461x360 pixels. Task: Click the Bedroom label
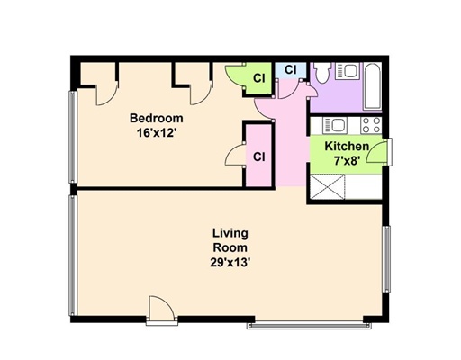tap(156, 118)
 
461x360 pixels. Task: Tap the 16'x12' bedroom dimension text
tap(156, 132)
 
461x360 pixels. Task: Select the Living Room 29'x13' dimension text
tap(230, 263)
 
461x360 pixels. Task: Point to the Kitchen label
tap(347, 147)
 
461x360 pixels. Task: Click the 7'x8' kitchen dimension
tap(347, 161)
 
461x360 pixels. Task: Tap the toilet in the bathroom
tap(322, 73)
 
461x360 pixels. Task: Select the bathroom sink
tap(348, 71)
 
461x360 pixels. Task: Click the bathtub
tap(373, 86)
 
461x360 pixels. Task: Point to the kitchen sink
tap(335, 125)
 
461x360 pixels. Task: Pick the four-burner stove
tap(371, 125)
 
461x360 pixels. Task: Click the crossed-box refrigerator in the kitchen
tap(328, 187)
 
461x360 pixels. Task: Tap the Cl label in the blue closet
tap(290, 69)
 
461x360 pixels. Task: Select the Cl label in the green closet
tap(259, 78)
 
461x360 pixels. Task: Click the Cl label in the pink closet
tap(258, 157)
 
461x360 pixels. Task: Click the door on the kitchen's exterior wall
tap(376, 151)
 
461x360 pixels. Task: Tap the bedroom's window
tap(73, 137)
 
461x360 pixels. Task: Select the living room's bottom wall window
tap(309, 325)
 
